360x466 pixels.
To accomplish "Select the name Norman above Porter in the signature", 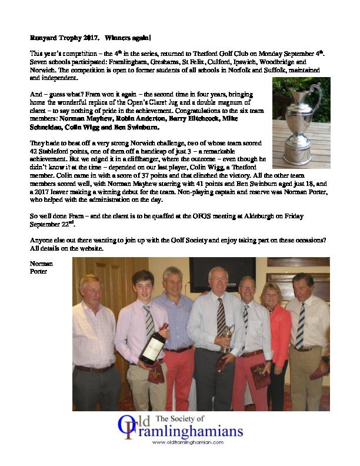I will (x=40, y=264).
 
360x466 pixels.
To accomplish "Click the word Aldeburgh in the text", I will (x=254, y=216).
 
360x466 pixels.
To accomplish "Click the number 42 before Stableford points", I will (x=34, y=151).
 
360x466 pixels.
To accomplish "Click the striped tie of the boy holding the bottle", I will (x=150, y=321).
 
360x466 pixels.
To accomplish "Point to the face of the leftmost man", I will (x=91, y=288).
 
